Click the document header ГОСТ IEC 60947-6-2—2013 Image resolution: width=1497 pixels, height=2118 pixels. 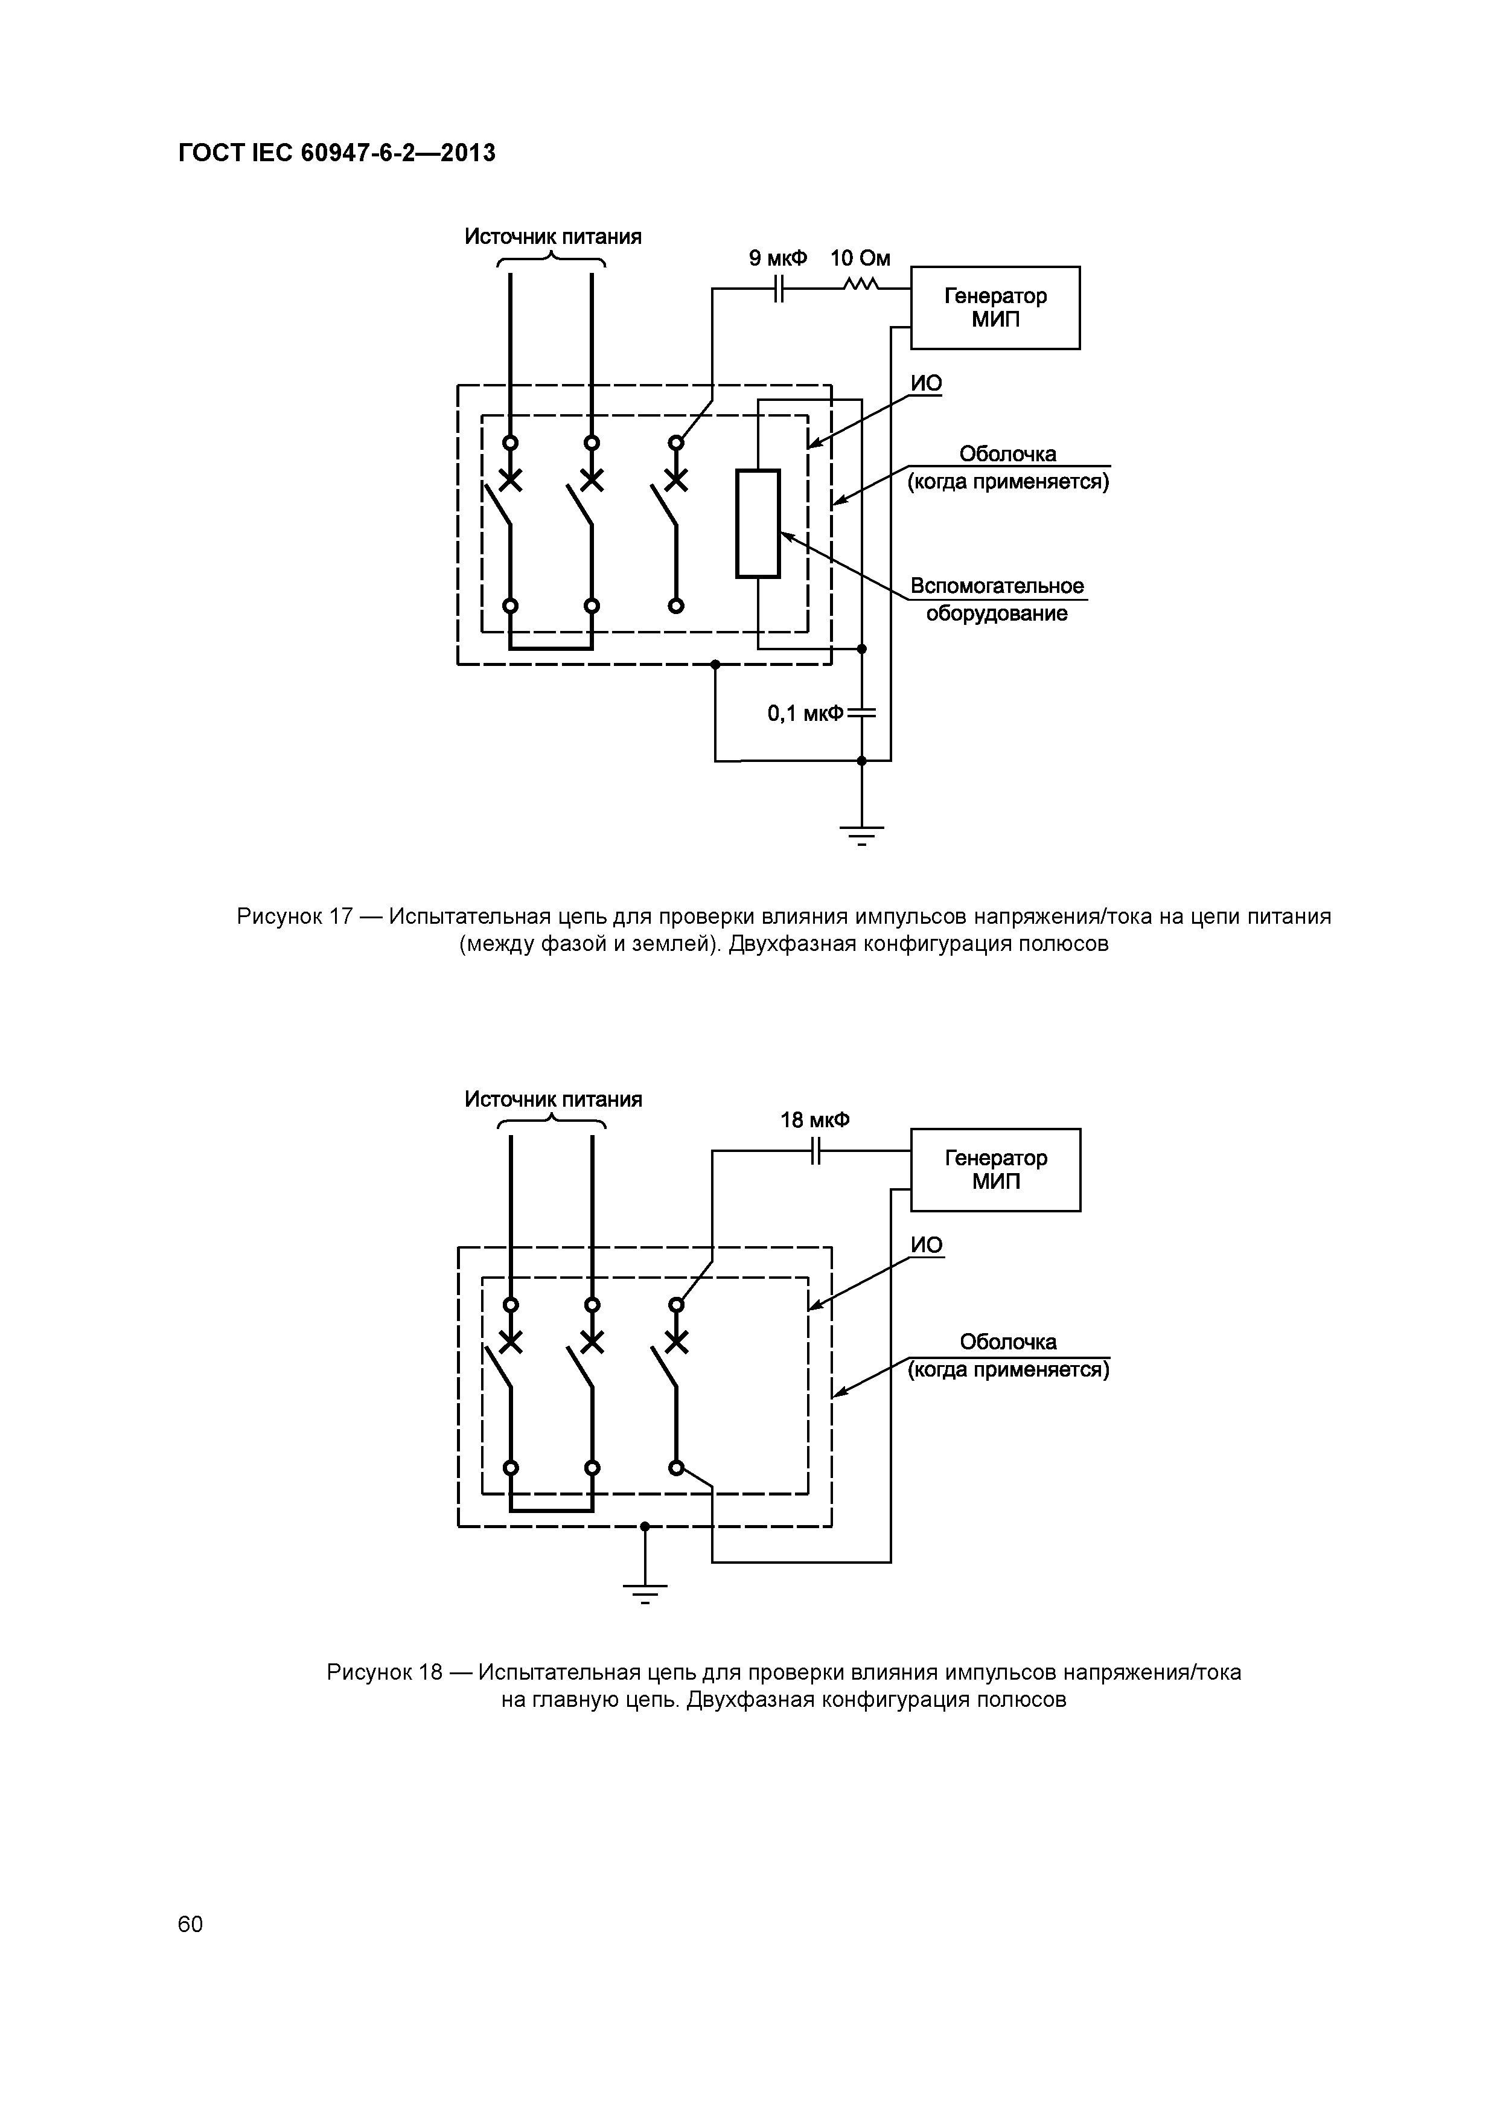(337, 153)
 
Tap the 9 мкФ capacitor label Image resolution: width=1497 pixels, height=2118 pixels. (777, 258)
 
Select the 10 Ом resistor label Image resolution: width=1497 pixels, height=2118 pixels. (860, 258)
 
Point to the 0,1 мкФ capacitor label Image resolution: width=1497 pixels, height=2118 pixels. (805, 713)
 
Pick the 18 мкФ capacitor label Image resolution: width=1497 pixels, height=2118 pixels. (814, 1120)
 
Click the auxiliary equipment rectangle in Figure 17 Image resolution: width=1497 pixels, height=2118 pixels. (758, 524)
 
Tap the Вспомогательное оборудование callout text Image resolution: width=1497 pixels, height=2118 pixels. (996, 600)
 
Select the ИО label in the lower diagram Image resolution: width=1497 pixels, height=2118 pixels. (926, 1246)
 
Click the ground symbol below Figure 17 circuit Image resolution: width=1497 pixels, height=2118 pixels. (861, 833)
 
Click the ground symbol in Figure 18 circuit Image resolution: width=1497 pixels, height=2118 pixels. (645, 1592)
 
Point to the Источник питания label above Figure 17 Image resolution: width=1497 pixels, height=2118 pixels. (552, 237)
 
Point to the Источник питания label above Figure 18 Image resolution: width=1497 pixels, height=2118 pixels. (552, 1099)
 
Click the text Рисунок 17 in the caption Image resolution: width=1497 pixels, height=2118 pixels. (294, 917)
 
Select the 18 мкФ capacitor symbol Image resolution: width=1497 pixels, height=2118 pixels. (814, 1151)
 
